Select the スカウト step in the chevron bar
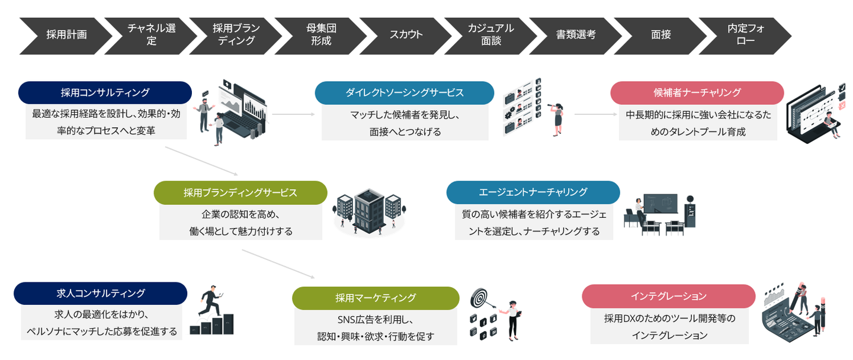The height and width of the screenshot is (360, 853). point(406,34)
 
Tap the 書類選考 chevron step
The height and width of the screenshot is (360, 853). point(575,34)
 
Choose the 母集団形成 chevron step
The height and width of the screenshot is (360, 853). point(320,34)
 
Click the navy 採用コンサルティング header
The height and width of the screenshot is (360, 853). point(105,92)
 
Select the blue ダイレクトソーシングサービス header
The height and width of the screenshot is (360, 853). point(404,92)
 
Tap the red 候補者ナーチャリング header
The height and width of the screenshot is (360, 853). point(697,92)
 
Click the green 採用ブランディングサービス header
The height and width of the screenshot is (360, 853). point(240,192)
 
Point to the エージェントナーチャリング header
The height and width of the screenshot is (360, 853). point(533,192)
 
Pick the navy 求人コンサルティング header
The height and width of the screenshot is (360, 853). point(100,293)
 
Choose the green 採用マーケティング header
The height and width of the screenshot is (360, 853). point(376,298)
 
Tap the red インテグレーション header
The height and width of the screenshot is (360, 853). point(668,296)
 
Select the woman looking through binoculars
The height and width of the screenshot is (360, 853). point(556,116)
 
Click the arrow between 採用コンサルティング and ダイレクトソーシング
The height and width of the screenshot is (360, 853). point(294,114)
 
